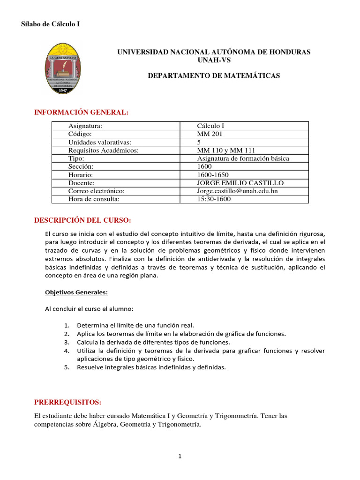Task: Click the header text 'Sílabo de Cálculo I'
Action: pos(51,24)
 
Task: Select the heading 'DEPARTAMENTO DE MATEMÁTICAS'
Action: pos(214,75)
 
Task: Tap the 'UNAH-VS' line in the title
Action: pos(214,60)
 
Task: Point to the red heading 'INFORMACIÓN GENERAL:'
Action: pos(81,112)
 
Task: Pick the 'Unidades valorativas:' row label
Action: pos(99,142)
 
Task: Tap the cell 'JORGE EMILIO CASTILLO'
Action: pos(240,183)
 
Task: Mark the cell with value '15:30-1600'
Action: pos(214,199)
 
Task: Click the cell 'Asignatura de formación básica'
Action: pos(243,158)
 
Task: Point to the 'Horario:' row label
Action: pos(81,174)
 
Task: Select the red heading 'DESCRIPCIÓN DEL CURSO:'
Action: pos(83,220)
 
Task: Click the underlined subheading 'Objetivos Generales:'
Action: pos(76,292)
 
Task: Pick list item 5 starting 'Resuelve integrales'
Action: pos(151,367)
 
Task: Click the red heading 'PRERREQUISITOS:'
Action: pos(67,403)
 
